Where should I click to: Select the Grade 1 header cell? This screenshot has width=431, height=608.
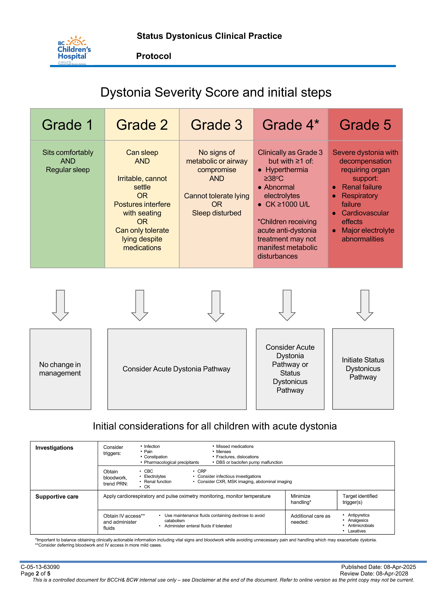67,125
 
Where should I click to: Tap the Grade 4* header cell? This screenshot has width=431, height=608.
291,125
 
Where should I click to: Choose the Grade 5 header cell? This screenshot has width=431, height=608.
365,125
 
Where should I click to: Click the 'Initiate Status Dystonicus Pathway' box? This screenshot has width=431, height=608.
363,369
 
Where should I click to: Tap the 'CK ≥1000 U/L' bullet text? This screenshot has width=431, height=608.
287,204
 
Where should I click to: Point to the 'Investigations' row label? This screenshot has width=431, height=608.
54,448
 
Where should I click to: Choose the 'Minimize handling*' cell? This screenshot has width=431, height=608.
301,499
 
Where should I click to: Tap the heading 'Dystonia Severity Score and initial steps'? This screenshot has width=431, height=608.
216,92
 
